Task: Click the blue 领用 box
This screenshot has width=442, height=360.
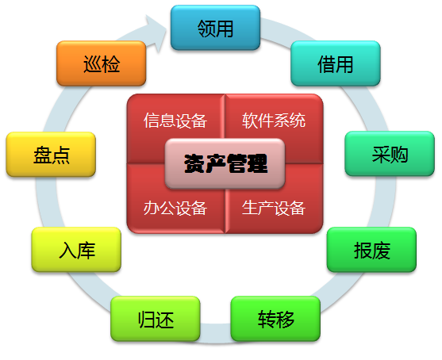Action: (x=215, y=28)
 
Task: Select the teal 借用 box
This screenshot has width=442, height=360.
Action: (x=336, y=63)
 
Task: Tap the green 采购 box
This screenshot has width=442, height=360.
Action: (x=390, y=154)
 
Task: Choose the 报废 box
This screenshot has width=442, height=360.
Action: (x=371, y=250)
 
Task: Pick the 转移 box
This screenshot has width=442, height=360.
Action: (x=275, y=319)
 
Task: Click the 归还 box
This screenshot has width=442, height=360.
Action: (x=156, y=319)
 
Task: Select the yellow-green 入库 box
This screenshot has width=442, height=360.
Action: (x=76, y=250)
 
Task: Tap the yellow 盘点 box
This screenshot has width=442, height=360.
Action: (x=51, y=155)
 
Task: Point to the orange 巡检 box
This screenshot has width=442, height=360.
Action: (x=102, y=63)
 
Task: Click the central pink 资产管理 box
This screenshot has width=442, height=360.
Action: (x=225, y=163)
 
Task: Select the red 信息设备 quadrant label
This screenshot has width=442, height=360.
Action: (x=175, y=121)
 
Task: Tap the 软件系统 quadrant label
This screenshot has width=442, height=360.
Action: (x=274, y=121)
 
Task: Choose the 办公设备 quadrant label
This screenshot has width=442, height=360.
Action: (x=175, y=208)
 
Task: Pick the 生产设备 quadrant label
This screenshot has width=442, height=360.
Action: (x=274, y=208)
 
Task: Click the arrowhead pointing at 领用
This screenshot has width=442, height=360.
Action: (x=157, y=33)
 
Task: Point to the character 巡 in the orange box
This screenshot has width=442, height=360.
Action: (x=93, y=64)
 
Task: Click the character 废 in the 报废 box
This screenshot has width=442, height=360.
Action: (x=381, y=251)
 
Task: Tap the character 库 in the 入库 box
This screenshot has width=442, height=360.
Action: (x=86, y=251)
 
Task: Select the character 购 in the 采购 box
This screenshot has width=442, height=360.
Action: (x=399, y=155)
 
